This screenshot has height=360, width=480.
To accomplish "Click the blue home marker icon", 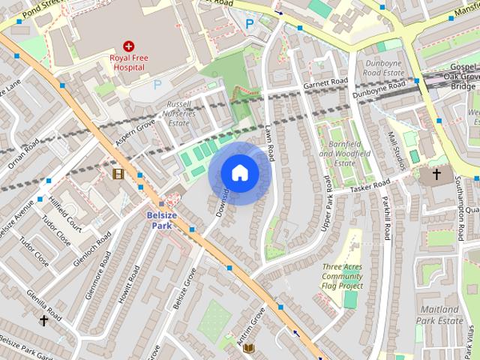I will click(x=239, y=172).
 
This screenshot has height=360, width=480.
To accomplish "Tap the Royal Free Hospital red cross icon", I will click(x=129, y=46).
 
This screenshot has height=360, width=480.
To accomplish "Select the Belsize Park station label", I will click(x=161, y=220).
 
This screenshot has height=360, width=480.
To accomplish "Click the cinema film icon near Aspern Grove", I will click(x=118, y=174).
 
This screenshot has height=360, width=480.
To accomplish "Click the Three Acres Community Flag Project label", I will click(x=343, y=276).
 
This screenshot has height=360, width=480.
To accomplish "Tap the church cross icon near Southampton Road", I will click(x=437, y=175).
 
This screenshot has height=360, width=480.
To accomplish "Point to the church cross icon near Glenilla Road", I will click(x=43, y=320).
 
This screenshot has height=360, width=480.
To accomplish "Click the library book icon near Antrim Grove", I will click(x=250, y=348).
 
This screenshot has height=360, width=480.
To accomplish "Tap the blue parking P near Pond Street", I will click(x=250, y=24).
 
